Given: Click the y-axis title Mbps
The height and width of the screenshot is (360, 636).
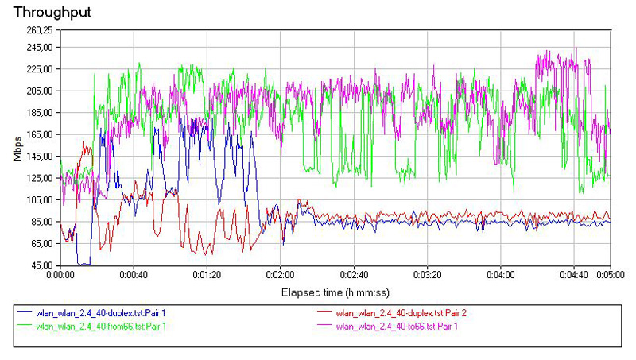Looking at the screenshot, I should click(17, 148).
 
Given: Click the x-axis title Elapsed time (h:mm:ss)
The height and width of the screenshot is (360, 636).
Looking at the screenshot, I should click(335, 292).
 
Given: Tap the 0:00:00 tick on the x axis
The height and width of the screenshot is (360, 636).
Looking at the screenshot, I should click(60, 275).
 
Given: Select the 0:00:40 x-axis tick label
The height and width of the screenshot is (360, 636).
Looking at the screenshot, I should click(133, 275).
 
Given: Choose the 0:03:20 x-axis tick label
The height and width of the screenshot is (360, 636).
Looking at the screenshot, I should click(427, 275).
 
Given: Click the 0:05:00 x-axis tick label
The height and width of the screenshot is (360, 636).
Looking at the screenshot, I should click(610, 275).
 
